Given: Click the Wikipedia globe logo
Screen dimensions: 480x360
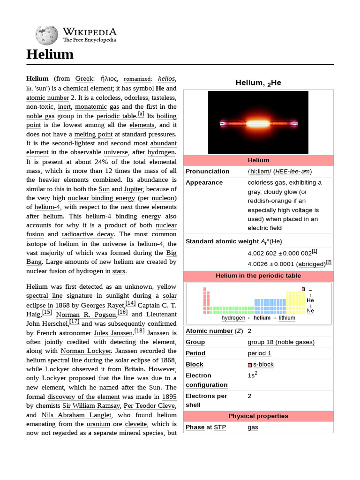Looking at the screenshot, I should point(46,35).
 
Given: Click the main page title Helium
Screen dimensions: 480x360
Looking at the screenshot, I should point(50,54).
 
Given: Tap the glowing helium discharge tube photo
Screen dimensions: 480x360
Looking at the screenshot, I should point(258,123).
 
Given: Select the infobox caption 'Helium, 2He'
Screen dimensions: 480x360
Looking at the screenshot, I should point(258,83).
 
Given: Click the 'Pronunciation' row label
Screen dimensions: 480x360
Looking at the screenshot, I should point(207,171).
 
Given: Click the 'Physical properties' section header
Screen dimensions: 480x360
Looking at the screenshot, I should point(258,416).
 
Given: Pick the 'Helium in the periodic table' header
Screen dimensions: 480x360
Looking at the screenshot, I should point(258,276).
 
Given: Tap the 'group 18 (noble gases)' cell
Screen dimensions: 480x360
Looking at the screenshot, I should point(281,342).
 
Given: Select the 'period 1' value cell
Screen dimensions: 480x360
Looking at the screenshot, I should point(259,353).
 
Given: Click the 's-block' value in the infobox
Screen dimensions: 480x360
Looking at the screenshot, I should point(263,365).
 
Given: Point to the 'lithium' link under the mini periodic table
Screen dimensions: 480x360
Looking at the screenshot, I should point(287,318).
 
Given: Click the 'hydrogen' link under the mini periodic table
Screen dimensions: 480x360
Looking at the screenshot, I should point(233,318).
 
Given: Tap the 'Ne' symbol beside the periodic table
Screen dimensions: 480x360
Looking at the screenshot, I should point(310,310).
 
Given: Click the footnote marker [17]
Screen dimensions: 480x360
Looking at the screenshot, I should point(75,322).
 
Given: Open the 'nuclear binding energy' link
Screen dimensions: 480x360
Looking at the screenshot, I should point(101,198).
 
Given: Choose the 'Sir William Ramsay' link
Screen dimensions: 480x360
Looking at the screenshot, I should point(91,406).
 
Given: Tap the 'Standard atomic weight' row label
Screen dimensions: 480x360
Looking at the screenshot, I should point(222,241).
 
